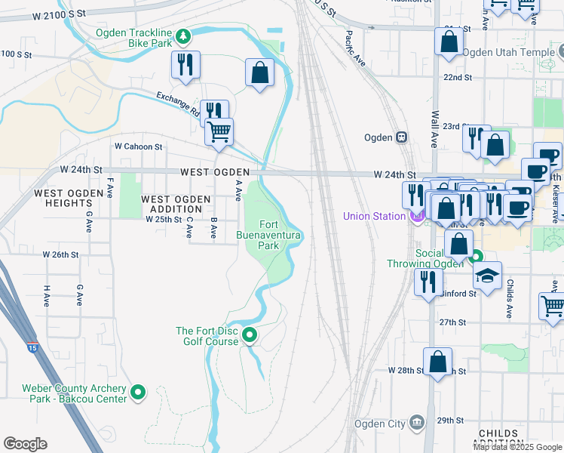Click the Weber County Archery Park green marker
tap(138, 392)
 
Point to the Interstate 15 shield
tap(32, 348)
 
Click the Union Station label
tap(374, 216)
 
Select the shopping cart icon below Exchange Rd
tap(219, 131)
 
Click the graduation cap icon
tap(488, 275)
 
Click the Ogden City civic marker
tap(417, 422)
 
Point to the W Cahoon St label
tap(138, 146)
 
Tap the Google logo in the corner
tap(25, 444)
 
